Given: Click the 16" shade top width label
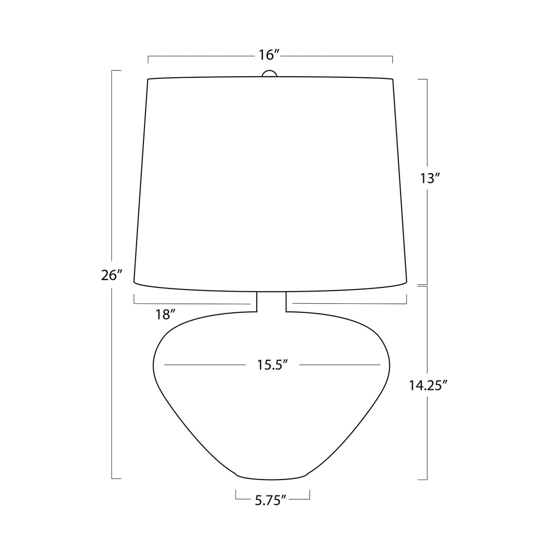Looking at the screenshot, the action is [269, 55].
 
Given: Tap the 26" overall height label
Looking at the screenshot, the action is [112, 275].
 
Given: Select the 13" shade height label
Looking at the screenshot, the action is [430, 178].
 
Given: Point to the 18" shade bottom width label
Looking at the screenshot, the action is [166, 314].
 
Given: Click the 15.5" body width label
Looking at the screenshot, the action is [273, 365].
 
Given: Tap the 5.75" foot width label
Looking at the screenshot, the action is [271, 500].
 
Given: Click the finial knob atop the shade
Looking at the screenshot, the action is [269, 73].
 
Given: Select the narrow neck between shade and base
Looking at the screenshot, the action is [272, 302].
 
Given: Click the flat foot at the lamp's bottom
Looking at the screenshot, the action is [272, 477].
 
